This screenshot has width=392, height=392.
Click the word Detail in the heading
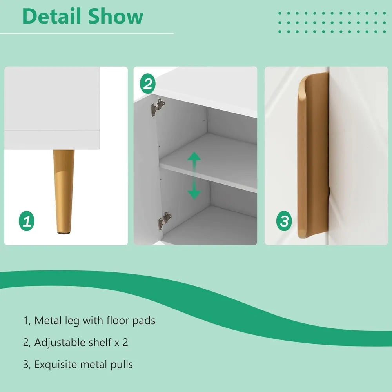pyautogui.click(x=52, y=16)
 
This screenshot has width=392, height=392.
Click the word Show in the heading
pyautogui.click(x=116, y=16)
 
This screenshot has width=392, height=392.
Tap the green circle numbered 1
pyautogui.click(x=27, y=221)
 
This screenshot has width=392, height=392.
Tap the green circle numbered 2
pyautogui.click(x=147, y=83)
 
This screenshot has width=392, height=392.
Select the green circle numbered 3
pyautogui.click(x=284, y=221)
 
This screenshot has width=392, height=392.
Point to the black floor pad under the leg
pyautogui.click(x=64, y=233)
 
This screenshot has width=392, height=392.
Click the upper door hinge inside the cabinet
pyautogui.click(x=158, y=107)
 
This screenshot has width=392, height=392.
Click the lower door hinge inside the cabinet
pyautogui.click(x=165, y=221)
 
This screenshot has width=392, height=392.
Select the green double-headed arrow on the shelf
pyautogui.click(x=194, y=176)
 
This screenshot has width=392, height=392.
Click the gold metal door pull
pyautogui.click(x=313, y=155)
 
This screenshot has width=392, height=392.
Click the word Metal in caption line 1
pyautogui.click(x=47, y=320)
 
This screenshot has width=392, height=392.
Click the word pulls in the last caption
pyautogui.click(x=122, y=365)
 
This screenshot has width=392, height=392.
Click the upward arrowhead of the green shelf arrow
pyautogui.click(x=194, y=156)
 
